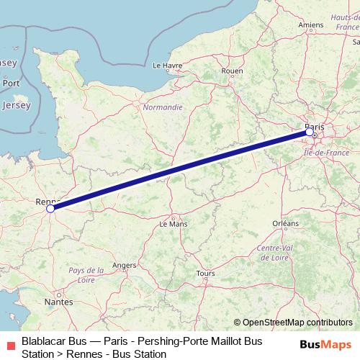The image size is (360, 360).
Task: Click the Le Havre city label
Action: (x=167, y=64)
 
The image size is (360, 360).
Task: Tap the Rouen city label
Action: (x=232, y=71)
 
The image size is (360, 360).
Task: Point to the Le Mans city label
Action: (x=173, y=224)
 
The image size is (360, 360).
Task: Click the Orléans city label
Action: (x=285, y=224)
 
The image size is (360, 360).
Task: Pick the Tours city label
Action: (x=205, y=274)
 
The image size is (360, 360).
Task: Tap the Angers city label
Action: (x=124, y=265)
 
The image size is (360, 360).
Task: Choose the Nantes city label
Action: (x=58, y=302)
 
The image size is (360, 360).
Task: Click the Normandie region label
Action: (x=163, y=107)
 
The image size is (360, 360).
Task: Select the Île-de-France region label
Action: (x=327, y=153)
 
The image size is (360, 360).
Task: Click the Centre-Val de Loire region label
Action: (x=274, y=253)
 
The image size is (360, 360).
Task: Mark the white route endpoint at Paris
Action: (x=310, y=132)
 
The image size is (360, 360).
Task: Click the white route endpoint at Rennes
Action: (x=50, y=209)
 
